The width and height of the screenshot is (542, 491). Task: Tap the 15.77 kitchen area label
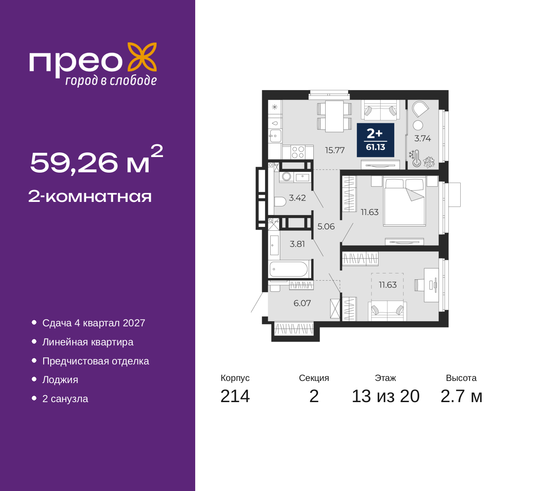(x=335, y=150)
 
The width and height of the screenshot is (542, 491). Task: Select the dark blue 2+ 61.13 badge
(x=375, y=140)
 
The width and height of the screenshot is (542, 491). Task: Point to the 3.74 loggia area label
(x=423, y=138)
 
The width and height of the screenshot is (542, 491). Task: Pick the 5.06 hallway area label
(x=326, y=226)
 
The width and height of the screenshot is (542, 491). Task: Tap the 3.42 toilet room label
(x=297, y=198)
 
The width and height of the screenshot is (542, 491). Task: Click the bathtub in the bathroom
(x=288, y=269)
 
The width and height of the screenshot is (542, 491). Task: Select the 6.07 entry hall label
(x=302, y=303)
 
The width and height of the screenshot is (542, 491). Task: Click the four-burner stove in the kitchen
(x=298, y=152)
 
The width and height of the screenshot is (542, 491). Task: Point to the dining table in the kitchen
(x=335, y=116)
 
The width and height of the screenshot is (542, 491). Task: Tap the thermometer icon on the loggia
(x=417, y=159)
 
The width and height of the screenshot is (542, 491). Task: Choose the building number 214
(x=235, y=396)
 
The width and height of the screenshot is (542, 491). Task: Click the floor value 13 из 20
(x=386, y=396)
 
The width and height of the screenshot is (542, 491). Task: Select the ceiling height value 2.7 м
(x=461, y=396)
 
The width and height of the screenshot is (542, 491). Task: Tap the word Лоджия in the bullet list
(x=60, y=380)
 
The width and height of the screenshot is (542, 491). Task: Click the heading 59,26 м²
(x=97, y=160)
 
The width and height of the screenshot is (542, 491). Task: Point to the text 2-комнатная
(x=90, y=196)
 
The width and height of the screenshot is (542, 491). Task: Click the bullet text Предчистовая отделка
(x=96, y=361)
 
